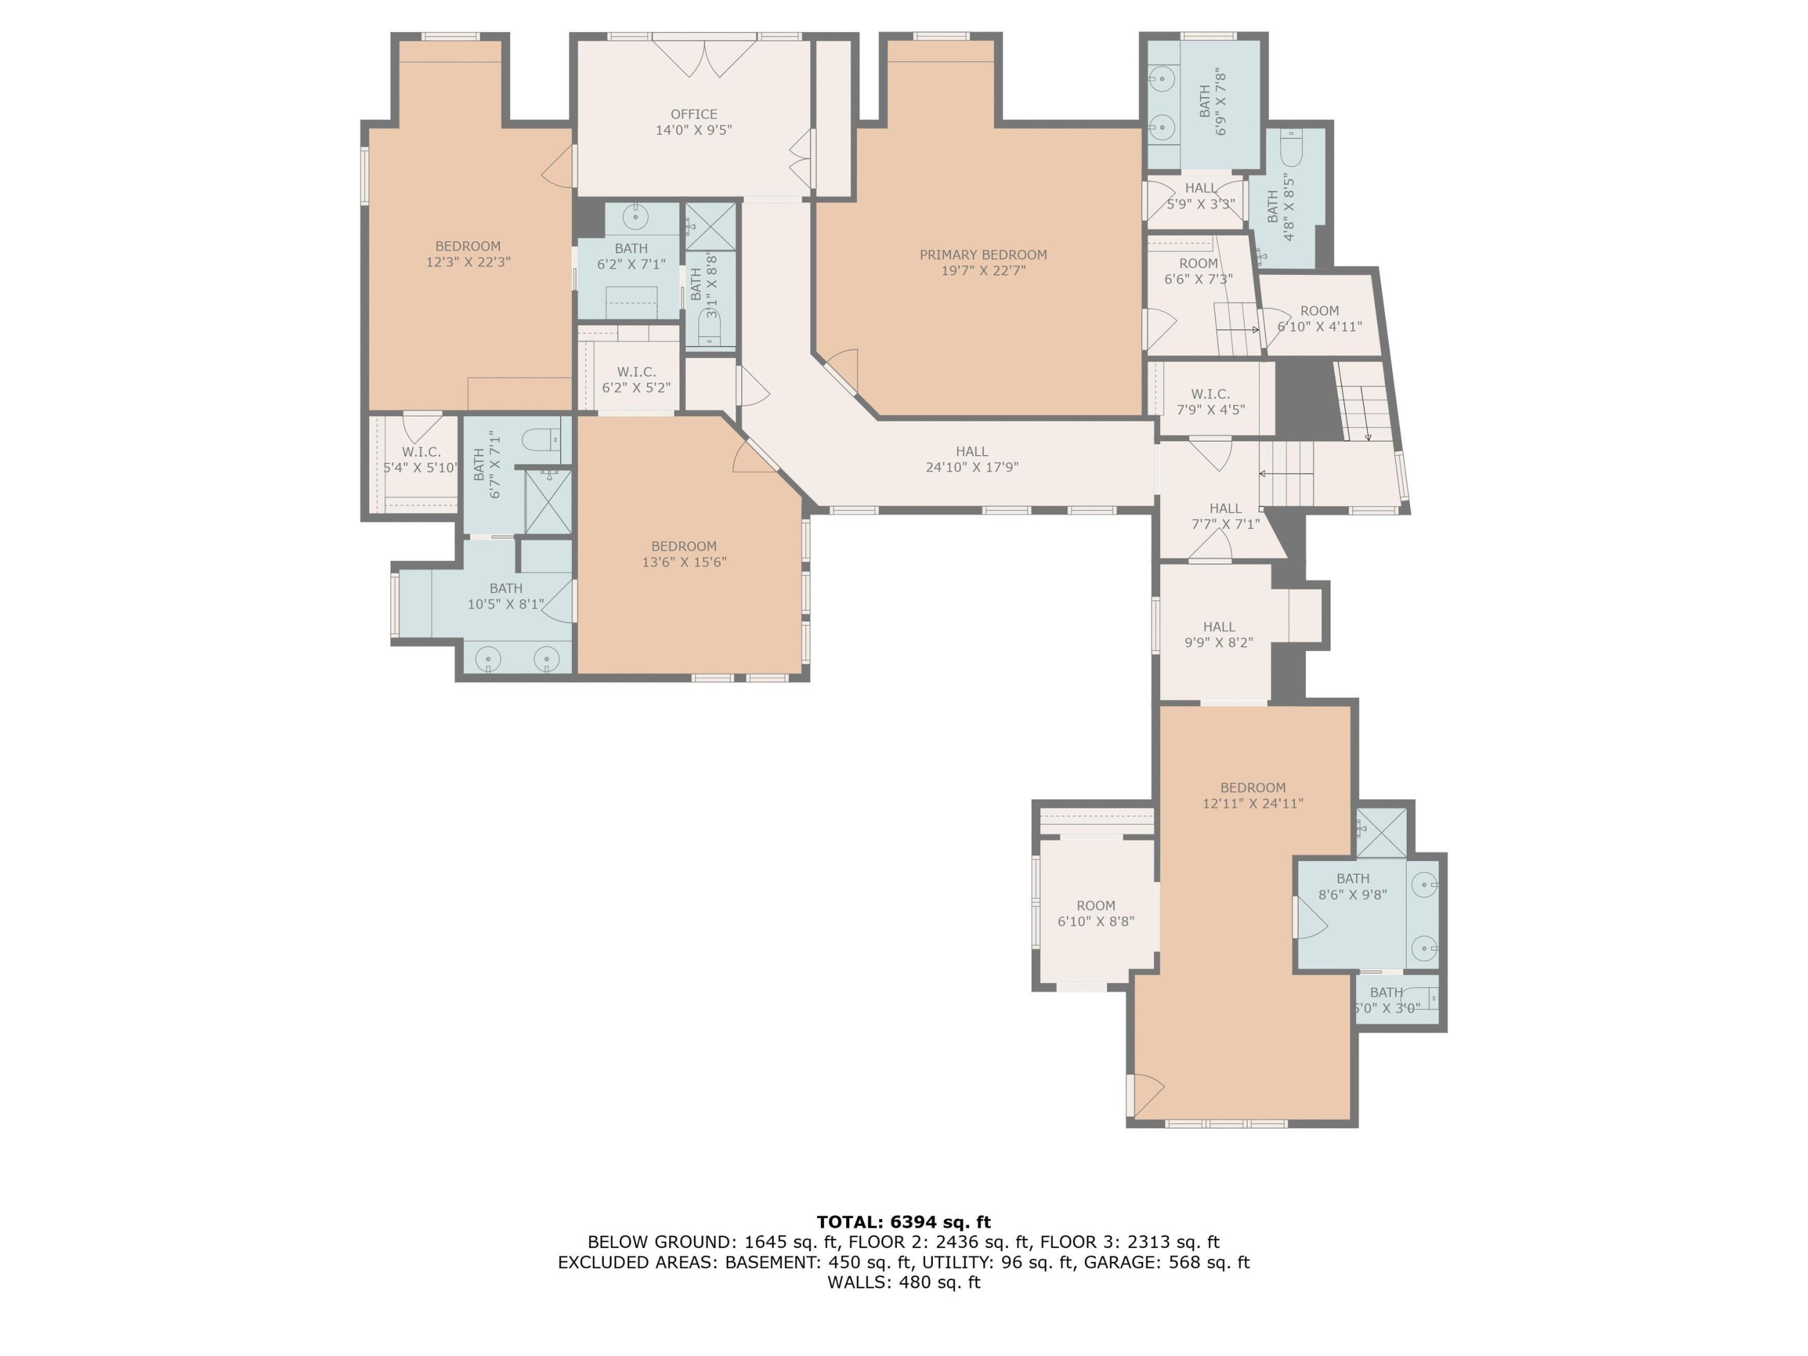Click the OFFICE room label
tap(694, 115)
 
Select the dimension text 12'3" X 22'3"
tap(468, 262)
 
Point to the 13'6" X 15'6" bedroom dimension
tap(683, 562)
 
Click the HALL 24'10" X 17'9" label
tap(972, 459)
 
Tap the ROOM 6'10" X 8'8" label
tap(1095, 913)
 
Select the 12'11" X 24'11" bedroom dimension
tap(1252, 803)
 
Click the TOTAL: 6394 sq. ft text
tap(903, 1222)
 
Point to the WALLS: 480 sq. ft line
tap(903, 1282)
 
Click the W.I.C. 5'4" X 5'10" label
tap(421, 459)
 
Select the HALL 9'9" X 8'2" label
tap(1218, 634)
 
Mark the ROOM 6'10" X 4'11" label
tap(1319, 319)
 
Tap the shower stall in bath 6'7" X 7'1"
tap(548, 502)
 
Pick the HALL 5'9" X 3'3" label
tap(1200, 196)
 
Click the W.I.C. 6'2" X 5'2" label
tap(636, 379)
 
